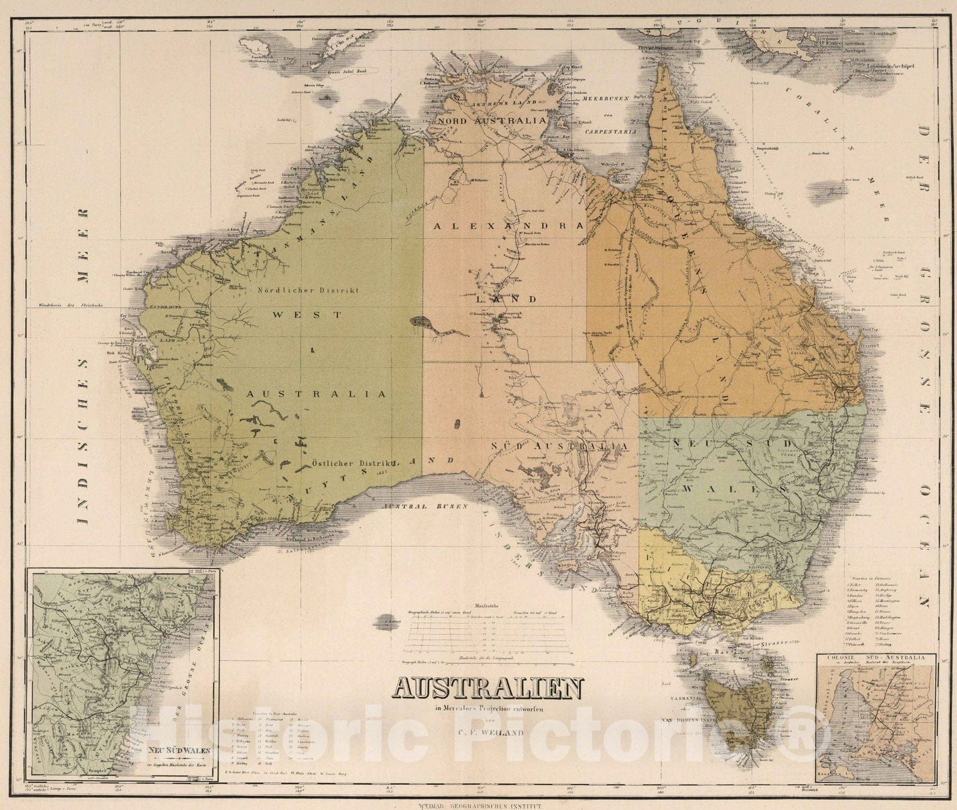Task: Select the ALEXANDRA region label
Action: (x=508, y=226)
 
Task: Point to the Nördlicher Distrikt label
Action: (x=307, y=290)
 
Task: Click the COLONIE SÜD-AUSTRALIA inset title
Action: (x=877, y=658)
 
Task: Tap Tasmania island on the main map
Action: (x=736, y=705)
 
